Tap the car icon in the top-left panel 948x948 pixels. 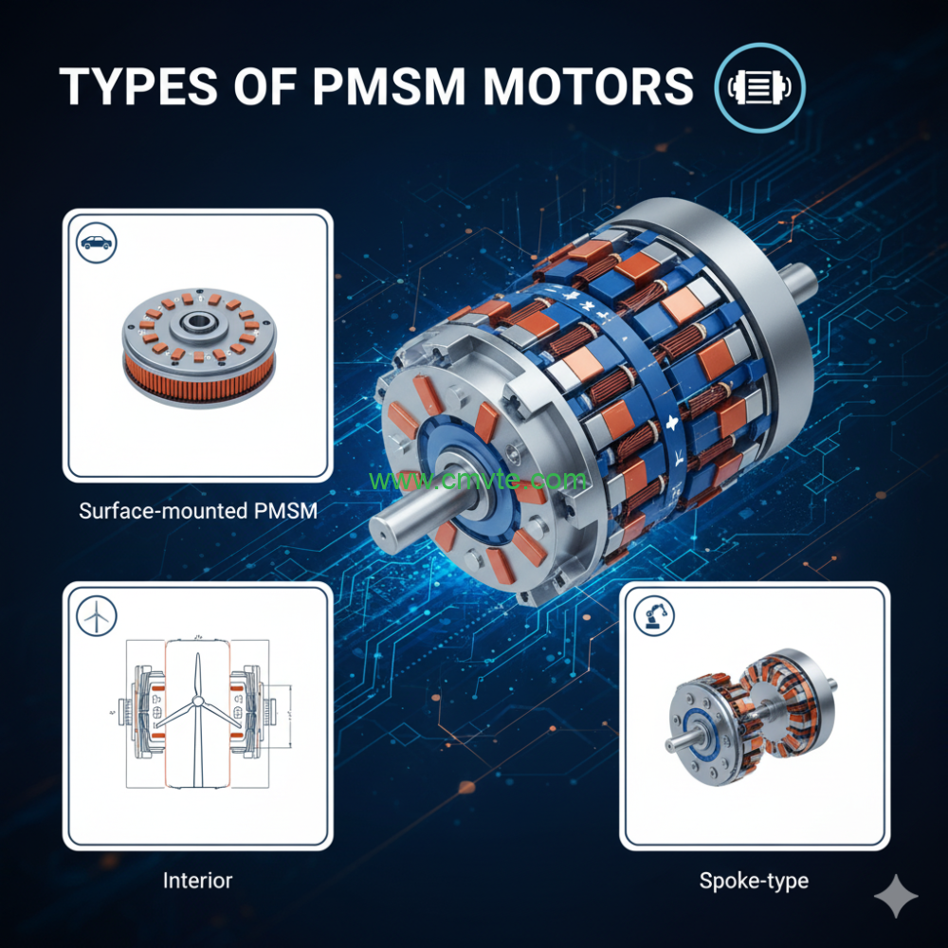(x=96, y=242)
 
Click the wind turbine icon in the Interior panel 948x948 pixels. (x=96, y=616)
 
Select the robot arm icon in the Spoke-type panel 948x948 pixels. (x=652, y=616)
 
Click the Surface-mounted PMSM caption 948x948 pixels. (x=198, y=511)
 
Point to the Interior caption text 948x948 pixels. (x=197, y=880)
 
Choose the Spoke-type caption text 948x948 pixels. (x=754, y=881)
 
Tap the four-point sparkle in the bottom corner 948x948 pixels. (x=895, y=897)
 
